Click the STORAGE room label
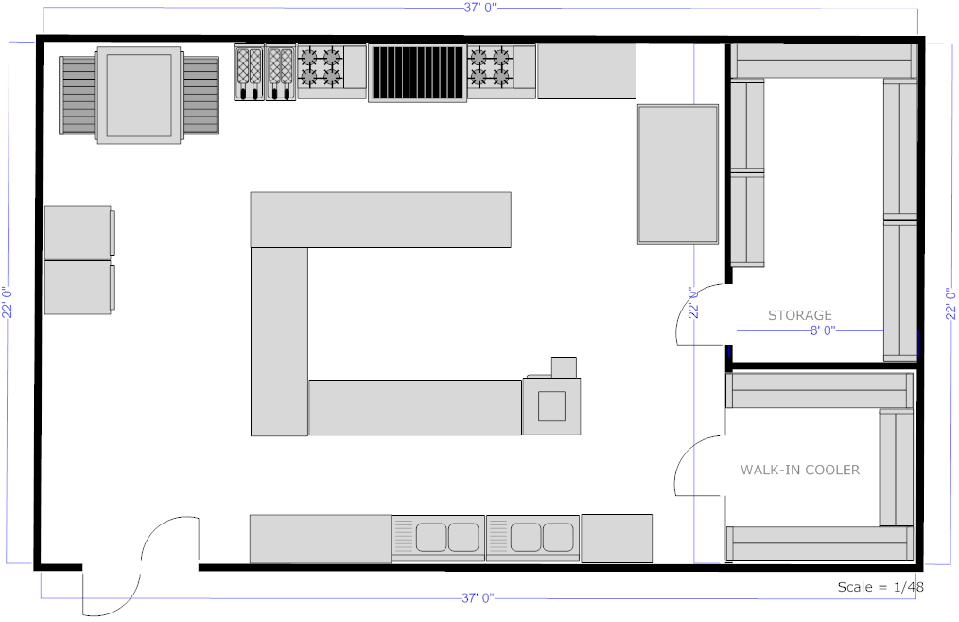tap(799, 315)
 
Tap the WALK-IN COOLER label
tap(800, 470)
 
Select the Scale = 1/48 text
tap(880, 587)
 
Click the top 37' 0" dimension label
tap(479, 8)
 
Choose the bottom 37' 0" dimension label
tap(479, 598)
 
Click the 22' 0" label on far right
tap(950, 304)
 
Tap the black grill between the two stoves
tap(417, 73)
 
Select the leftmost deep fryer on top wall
tap(249, 72)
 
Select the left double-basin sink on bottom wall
tap(438, 538)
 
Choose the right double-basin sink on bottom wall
tap(532, 538)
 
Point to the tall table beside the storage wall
tap(678, 174)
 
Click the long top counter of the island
tap(380, 220)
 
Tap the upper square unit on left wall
tap(78, 232)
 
